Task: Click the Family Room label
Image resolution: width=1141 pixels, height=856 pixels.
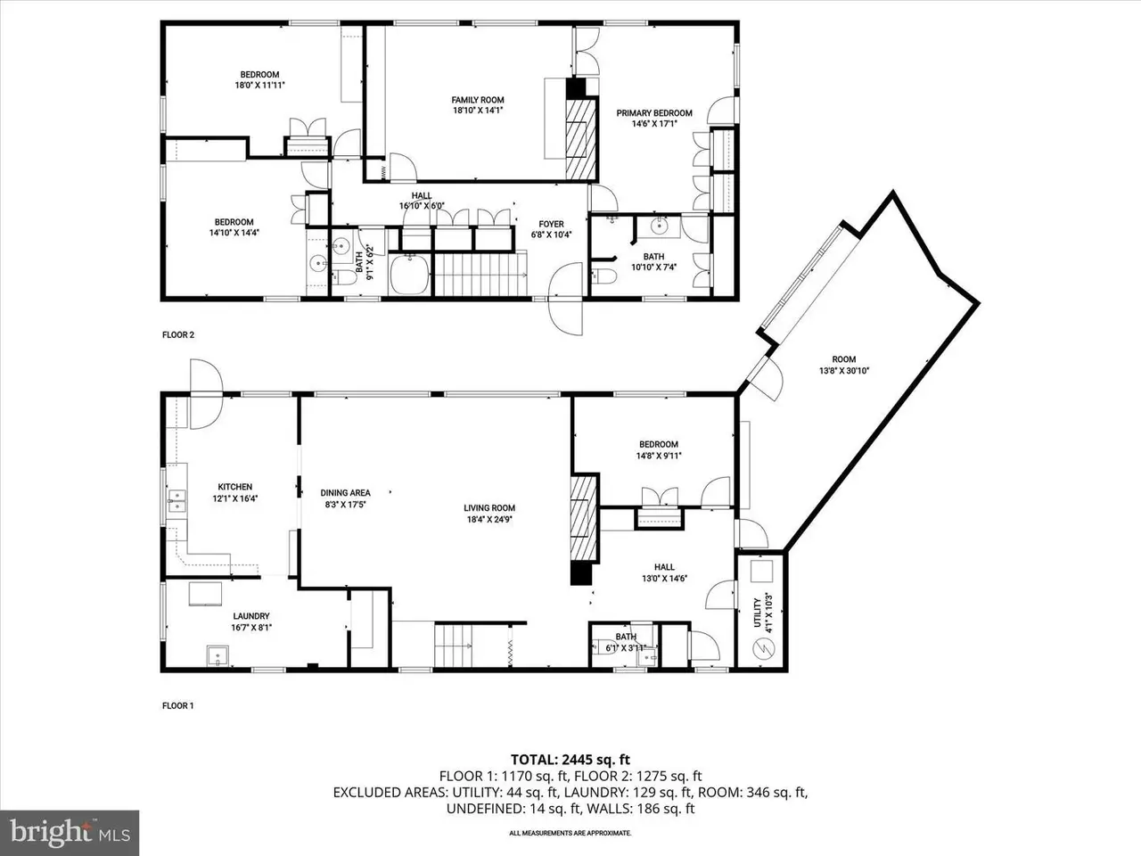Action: point(477,100)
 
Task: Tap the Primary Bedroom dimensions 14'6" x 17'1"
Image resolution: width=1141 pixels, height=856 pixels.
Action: point(654,124)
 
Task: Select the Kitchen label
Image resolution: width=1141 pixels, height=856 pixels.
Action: point(235,487)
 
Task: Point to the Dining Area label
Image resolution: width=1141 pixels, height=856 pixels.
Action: point(345,493)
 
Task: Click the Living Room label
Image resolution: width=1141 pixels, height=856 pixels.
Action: point(489,507)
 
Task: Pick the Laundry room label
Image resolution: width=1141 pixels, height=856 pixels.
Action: point(251,616)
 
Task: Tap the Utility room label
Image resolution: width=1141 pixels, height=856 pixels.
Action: point(758,613)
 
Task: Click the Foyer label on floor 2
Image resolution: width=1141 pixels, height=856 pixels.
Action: point(551,224)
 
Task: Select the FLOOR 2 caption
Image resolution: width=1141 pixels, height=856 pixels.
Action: point(178,334)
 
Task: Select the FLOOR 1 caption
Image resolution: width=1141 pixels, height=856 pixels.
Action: point(177,705)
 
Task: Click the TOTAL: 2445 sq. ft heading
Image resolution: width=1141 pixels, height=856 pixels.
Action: point(570,760)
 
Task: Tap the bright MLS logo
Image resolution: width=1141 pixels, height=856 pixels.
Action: point(70,833)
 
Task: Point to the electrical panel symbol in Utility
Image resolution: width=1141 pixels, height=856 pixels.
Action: point(764,647)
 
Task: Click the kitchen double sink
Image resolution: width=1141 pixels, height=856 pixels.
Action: point(176,501)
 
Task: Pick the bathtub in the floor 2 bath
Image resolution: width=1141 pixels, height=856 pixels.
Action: point(409,275)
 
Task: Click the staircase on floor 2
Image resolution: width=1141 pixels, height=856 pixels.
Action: point(480,274)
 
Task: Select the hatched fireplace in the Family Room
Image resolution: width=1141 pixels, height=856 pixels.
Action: point(580,139)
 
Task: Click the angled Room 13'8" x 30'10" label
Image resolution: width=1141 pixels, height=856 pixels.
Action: point(843,365)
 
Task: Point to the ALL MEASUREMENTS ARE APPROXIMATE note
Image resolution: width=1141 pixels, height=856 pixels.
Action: point(570,833)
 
